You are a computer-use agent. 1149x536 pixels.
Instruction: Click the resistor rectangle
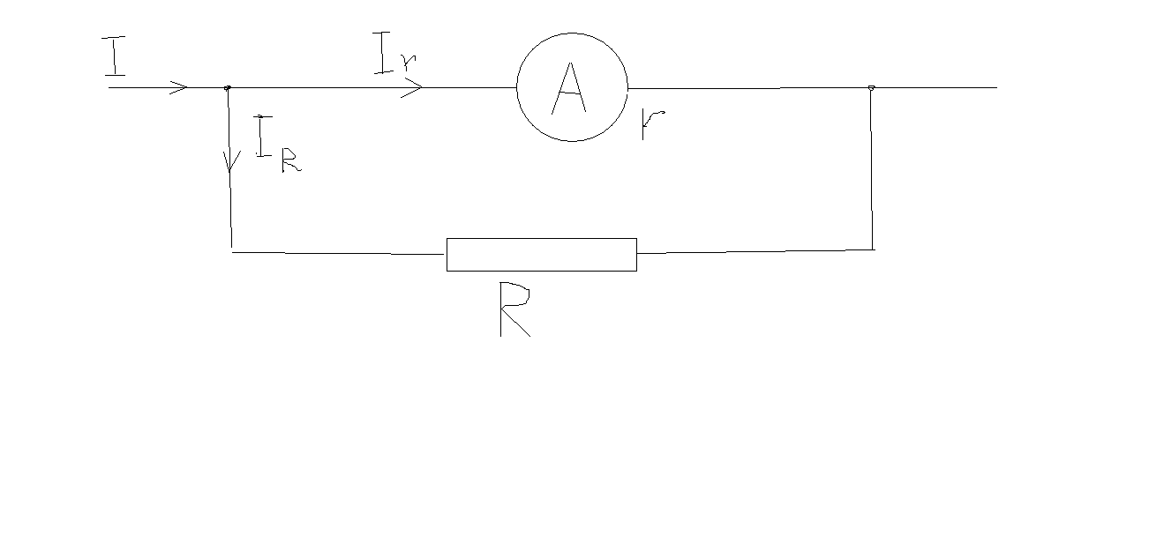point(541,254)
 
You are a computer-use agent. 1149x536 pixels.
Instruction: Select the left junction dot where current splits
point(228,87)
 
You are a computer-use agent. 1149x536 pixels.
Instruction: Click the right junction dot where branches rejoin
point(871,87)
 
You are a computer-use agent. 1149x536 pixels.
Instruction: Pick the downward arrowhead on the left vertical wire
point(231,163)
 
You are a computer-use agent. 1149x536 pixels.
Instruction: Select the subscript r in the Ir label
point(409,63)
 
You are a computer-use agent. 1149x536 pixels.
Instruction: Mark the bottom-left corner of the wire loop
point(232,251)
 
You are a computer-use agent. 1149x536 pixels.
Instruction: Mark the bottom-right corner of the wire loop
point(873,249)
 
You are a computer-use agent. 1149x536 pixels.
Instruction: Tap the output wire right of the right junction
point(935,87)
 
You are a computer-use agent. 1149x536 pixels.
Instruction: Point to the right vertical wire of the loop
point(872,167)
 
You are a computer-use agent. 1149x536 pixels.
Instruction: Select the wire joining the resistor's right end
point(755,251)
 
